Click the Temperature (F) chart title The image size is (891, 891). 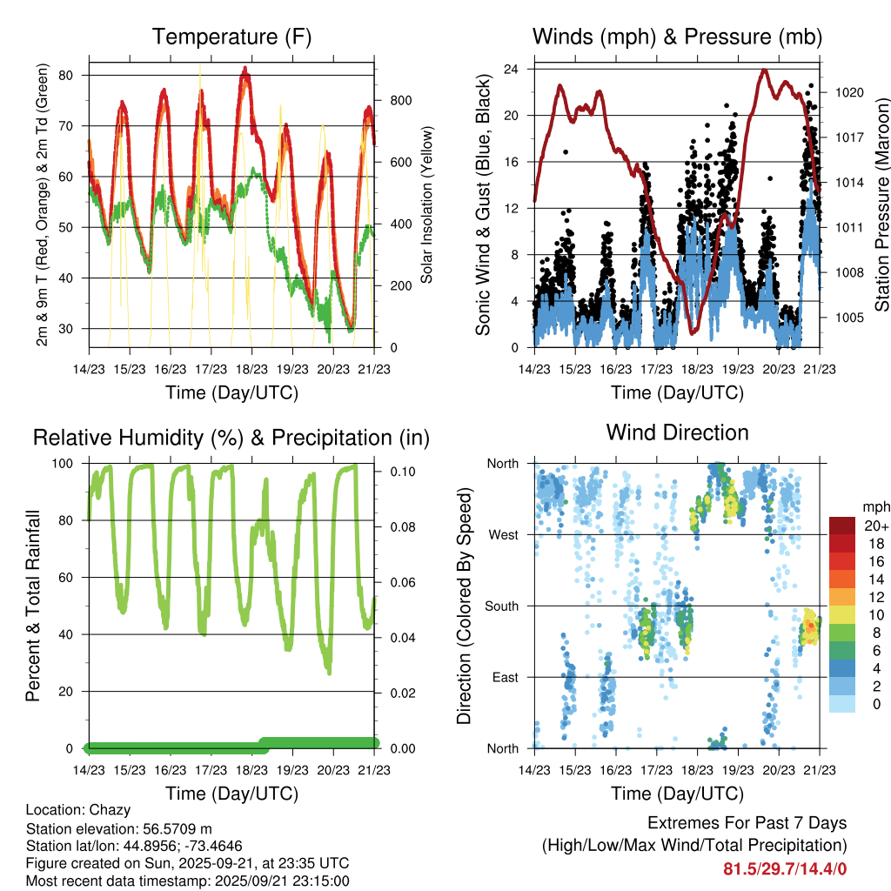tap(231, 37)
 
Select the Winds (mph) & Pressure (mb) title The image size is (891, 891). tap(677, 37)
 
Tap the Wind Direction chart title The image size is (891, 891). tap(677, 432)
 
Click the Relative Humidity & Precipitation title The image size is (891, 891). tap(231, 438)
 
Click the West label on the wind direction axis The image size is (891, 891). tap(504, 534)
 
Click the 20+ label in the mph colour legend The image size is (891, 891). tap(875, 526)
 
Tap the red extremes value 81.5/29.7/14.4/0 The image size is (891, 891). tap(785, 868)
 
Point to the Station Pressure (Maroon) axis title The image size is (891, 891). tap(881, 205)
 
